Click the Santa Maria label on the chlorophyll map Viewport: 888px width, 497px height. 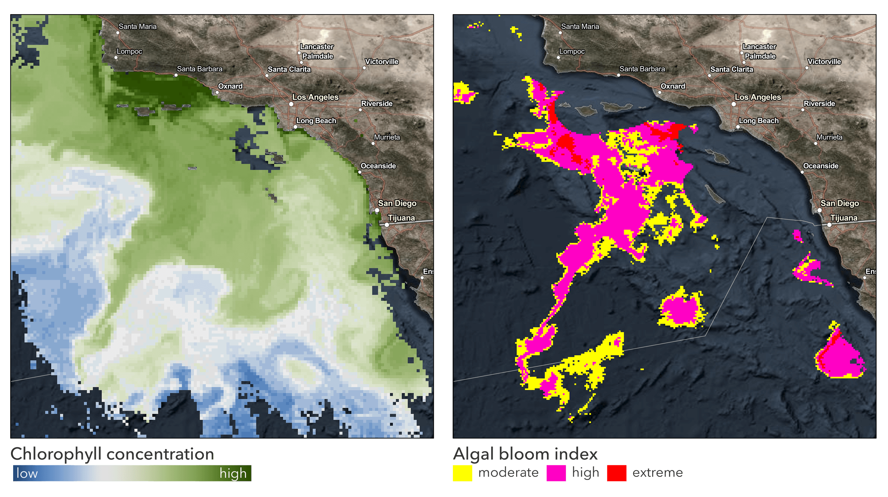tap(137, 26)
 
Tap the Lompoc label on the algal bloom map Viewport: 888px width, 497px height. tap(572, 52)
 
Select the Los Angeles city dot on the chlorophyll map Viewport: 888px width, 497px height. tap(291, 104)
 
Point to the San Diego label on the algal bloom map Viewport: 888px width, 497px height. tap(840, 203)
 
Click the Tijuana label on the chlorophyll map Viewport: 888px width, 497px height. tap(401, 218)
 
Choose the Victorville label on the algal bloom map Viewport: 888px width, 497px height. tap(824, 62)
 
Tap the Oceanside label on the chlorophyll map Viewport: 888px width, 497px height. tap(378, 166)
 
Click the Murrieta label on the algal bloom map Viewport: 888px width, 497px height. tap(829, 137)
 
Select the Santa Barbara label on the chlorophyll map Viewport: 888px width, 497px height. tap(200, 69)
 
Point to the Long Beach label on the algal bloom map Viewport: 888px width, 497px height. tap(759, 121)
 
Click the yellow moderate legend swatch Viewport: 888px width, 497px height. tap(462, 473)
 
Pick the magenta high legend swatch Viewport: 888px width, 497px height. tap(556, 473)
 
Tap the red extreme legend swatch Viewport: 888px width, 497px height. tap(617, 473)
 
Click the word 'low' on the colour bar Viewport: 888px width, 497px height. tap(27, 473)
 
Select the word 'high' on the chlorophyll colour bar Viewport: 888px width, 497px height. tap(233, 473)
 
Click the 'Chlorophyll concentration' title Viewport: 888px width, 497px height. tap(112, 454)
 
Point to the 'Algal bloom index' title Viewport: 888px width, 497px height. tap(525, 454)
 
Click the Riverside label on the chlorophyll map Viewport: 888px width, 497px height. tap(377, 104)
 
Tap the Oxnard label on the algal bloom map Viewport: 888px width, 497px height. tap(673, 86)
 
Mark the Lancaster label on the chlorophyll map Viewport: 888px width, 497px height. tap(317, 47)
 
